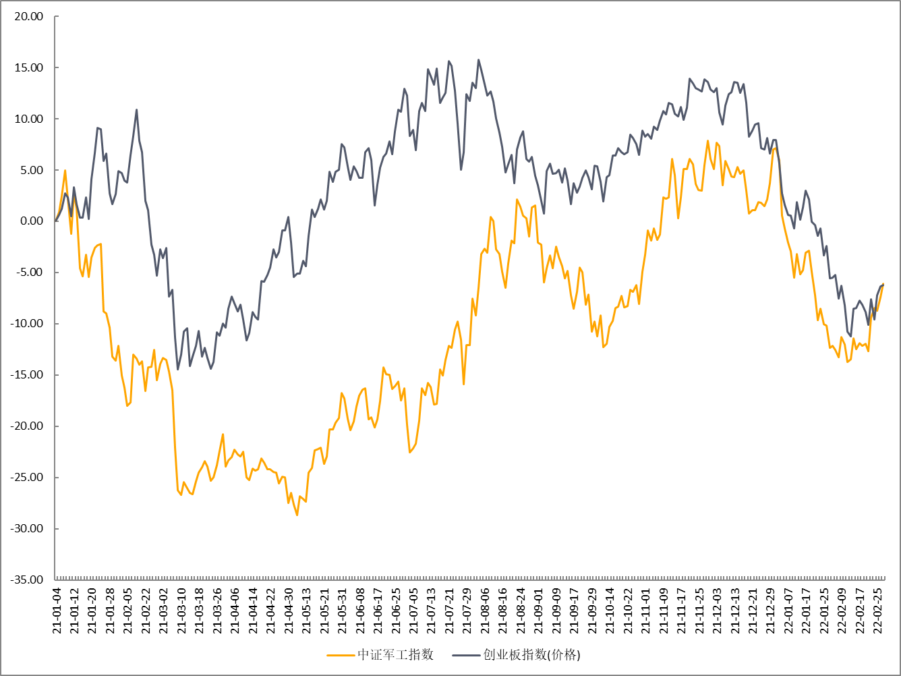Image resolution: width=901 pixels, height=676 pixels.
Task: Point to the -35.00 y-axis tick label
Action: tap(27, 580)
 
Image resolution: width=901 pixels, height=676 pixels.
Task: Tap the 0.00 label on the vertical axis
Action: tap(32, 221)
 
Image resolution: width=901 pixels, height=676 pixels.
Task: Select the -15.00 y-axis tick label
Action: tap(27, 375)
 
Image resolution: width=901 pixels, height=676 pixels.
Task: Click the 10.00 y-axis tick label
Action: tap(29, 119)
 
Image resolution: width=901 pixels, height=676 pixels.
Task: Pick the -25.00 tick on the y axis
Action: tap(27, 478)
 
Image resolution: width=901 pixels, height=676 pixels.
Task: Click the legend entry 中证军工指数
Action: tap(395, 654)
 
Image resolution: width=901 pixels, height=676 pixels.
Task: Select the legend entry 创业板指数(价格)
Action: tap(531, 654)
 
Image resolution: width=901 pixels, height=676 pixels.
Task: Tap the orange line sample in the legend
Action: tap(341, 654)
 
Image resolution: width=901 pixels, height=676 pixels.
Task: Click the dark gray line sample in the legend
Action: tap(465, 654)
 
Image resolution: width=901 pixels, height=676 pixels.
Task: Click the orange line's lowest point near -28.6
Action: tap(297, 515)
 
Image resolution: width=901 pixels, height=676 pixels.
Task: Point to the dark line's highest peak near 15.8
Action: tap(479, 59)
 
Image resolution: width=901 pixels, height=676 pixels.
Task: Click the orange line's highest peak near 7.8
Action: tap(707, 141)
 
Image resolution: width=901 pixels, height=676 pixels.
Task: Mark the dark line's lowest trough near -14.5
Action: tap(178, 369)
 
